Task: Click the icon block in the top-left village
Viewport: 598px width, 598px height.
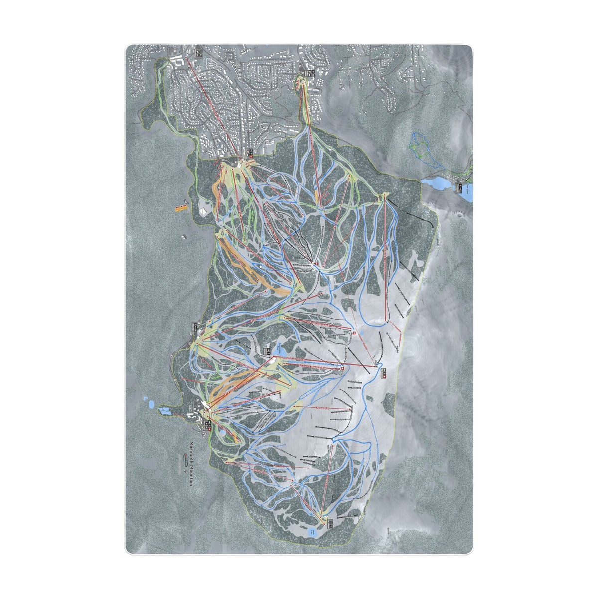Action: (x=199, y=53)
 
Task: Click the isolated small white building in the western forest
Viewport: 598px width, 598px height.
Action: (x=184, y=237)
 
